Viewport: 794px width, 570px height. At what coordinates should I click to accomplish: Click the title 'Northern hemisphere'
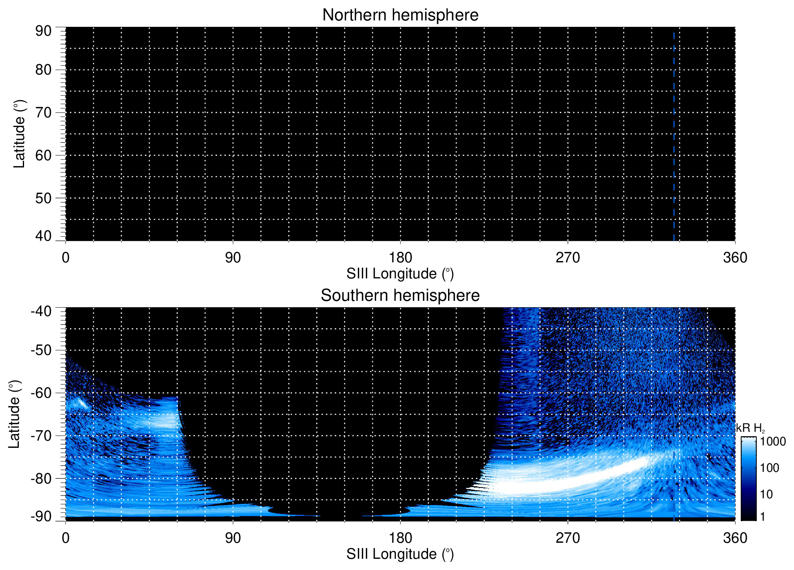pos(400,15)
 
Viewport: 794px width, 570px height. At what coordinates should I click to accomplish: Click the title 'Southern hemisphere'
pos(400,296)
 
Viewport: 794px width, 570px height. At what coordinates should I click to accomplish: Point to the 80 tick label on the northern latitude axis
pos(43,70)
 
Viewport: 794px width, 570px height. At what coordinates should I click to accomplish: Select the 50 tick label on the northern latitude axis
pos(43,198)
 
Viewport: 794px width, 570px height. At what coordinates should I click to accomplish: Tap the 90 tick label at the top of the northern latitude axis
pos(43,31)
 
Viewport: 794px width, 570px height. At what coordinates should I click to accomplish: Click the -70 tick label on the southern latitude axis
pos(41,436)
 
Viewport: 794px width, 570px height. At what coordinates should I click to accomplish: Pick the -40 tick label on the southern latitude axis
pos(41,311)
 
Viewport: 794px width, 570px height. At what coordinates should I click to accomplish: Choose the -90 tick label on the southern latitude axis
pos(41,516)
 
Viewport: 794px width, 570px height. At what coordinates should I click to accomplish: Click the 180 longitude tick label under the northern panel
pos(400,258)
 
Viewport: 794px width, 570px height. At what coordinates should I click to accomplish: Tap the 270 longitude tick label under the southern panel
pos(568,538)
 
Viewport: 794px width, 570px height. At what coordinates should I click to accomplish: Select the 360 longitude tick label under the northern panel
pos(735,258)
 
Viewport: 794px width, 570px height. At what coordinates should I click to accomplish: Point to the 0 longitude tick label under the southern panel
pos(66,538)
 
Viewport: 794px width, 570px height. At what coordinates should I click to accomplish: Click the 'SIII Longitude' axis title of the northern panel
pos(400,274)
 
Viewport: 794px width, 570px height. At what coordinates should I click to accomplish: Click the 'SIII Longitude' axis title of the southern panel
pos(400,554)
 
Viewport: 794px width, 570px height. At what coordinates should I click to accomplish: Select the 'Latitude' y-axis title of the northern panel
pos(19,134)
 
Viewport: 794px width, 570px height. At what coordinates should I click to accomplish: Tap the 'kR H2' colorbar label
pos(750,428)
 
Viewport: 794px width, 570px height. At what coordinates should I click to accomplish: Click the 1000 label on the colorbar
pos(773,442)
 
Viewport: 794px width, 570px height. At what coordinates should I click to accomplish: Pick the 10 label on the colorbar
pos(766,494)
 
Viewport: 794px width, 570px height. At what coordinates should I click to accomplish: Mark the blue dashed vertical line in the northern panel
pos(674,136)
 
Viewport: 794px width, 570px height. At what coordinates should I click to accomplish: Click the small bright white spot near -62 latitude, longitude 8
pos(81,402)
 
